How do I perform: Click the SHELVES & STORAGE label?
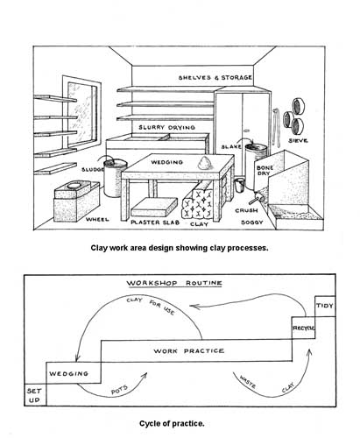pos(215,78)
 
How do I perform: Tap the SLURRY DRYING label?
pos(166,127)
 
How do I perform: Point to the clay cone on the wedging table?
pos(205,162)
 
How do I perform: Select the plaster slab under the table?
pos(154,207)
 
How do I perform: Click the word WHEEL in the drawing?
pos(97,219)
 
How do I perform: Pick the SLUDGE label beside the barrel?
pos(92,169)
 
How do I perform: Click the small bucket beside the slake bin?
pos(239,185)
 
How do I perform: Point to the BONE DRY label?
pos(265,171)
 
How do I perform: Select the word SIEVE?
pos(298,140)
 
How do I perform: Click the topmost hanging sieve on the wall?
pos(299,106)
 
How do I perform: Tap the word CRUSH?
pos(246,210)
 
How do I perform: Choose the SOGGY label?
pos(252,223)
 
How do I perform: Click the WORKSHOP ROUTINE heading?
pos(174,283)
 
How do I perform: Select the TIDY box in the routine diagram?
pos(325,307)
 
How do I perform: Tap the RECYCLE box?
pos(303,328)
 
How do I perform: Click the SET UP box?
pos(35,395)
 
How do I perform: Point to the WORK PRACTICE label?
pos(189,350)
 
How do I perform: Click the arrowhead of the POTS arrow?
pos(145,375)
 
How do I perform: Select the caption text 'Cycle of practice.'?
pos(172,423)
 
